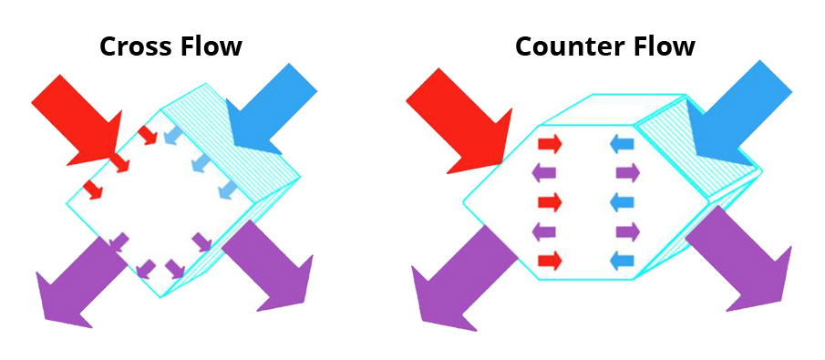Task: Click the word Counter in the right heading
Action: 570,46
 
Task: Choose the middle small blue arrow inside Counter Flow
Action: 623,201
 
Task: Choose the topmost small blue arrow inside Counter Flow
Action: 623,143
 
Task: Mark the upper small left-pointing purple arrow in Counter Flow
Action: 544,172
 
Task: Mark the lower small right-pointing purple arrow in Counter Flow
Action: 628,231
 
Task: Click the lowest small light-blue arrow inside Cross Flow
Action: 227,190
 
